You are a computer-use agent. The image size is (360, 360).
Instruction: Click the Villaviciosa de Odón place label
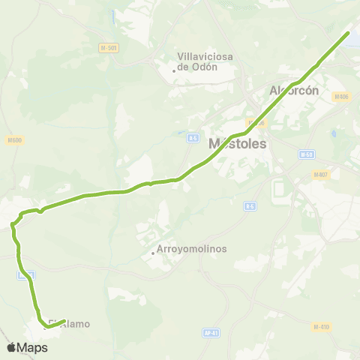point(197,61)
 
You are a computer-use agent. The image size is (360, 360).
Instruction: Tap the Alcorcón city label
point(295,90)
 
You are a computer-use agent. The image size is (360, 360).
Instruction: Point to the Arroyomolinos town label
point(192,249)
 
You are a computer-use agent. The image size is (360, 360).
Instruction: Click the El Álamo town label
point(70,324)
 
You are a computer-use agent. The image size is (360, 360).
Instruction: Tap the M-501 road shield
point(108,48)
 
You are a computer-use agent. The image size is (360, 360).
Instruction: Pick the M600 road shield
point(15,139)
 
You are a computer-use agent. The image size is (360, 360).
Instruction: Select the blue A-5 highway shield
point(193,137)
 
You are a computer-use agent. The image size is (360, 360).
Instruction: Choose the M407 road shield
point(322,175)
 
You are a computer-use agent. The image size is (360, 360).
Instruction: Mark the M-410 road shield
point(321,326)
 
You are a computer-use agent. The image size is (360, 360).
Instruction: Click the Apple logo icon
point(11,347)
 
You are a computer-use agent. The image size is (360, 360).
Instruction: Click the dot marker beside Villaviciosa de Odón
point(174,71)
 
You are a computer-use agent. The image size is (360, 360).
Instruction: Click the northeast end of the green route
point(348,33)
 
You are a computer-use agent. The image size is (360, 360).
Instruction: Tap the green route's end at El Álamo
point(64,319)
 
